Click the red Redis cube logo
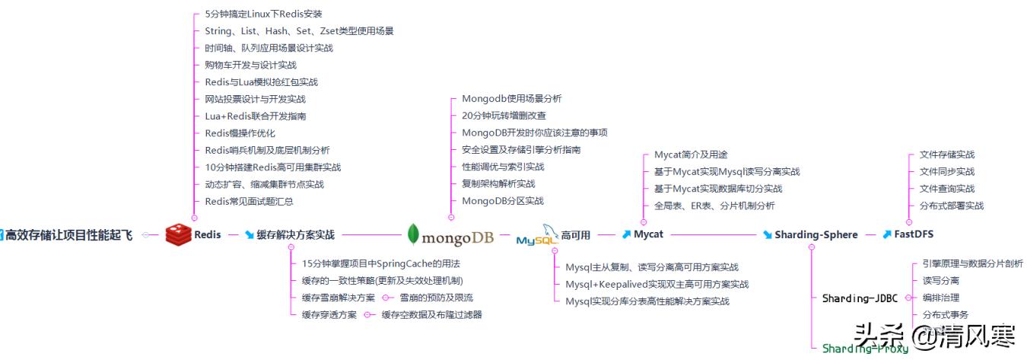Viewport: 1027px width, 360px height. click(178, 234)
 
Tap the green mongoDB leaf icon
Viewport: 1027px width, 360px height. click(413, 234)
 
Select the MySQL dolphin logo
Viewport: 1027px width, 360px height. click(539, 236)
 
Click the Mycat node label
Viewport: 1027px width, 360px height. click(648, 234)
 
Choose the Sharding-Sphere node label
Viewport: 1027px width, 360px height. click(816, 234)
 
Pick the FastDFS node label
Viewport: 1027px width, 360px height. click(913, 234)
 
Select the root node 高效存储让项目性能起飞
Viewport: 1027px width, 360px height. click(68, 234)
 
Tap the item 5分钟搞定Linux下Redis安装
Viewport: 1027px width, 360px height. click(263, 14)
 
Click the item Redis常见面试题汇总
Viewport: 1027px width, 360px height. click(249, 201)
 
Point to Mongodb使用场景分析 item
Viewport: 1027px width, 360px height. click(511, 98)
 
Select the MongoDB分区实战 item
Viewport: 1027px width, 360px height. click(502, 201)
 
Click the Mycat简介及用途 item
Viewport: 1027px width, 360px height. click(690, 155)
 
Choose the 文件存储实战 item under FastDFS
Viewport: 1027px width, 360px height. click(946, 155)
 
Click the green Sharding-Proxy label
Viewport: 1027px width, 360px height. click(865, 349)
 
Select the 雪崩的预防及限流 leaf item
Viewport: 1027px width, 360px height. click(436, 298)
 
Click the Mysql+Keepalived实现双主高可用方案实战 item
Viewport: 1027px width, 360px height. click(657, 284)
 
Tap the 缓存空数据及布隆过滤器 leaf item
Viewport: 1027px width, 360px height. click(431, 314)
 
